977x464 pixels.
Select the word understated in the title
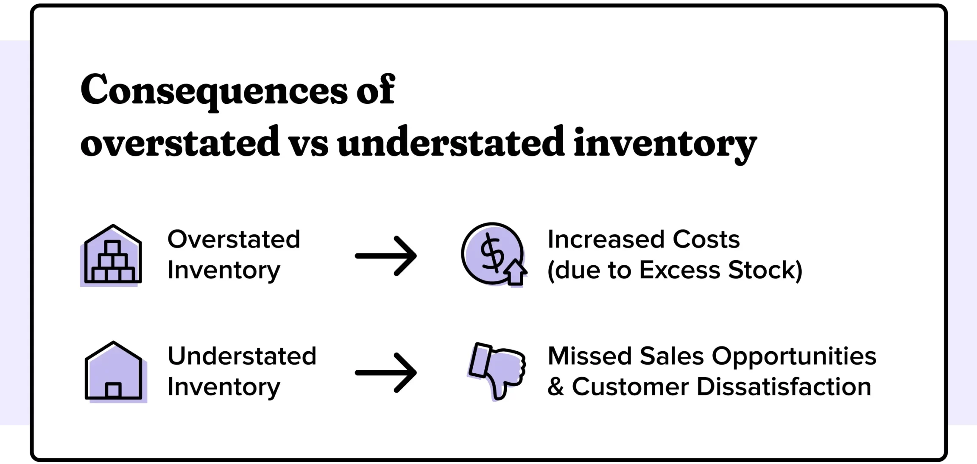pos(451,141)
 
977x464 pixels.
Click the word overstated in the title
pos(180,141)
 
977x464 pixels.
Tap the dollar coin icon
pos(494,255)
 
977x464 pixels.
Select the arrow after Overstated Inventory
pos(386,256)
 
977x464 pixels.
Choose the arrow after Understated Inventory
pos(386,373)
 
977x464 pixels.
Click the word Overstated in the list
pos(234,239)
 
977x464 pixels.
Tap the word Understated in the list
pos(242,356)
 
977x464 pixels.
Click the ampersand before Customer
pos(556,387)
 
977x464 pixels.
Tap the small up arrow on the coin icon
pos(515,272)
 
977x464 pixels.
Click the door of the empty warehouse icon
pos(113,390)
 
